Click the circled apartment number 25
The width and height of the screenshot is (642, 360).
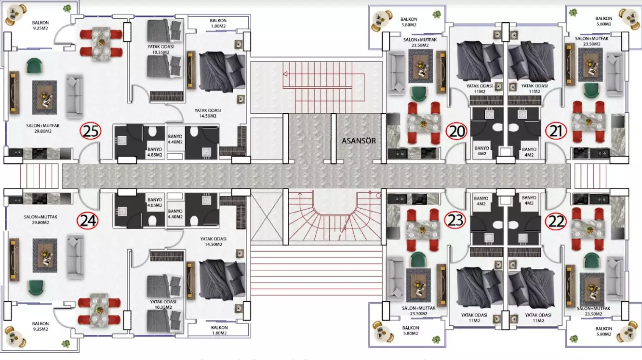(x=91, y=131)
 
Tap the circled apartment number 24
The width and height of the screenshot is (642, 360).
(x=87, y=221)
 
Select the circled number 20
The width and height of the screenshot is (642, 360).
(x=456, y=131)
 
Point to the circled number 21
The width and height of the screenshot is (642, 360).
(x=556, y=131)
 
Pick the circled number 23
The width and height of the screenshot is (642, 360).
(x=455, y=220)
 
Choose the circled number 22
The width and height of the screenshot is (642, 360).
(x=556, y=221)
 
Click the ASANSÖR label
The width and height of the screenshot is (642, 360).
(x=359, y=141)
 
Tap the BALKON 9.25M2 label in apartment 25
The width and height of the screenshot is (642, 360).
(x=40, y=25)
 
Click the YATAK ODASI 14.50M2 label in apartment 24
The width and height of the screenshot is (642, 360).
(x=213, y=241)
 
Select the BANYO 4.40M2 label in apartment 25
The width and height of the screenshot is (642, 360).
(x=175, y=139)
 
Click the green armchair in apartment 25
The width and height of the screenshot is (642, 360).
(x=34, y=66)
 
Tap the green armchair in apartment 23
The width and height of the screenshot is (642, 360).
(x=418, y=260)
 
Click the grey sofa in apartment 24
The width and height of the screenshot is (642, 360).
(x=75, y=256)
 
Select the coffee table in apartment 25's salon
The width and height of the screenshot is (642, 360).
(x=44, y=97)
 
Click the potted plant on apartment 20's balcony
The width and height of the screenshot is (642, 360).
(x=437, y=14)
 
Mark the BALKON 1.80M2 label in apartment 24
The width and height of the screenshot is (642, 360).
(x=219, y=330)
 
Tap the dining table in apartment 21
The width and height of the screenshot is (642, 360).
(x=588, y=121)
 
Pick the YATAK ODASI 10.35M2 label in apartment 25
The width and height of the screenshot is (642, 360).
(x=160, y=49)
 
